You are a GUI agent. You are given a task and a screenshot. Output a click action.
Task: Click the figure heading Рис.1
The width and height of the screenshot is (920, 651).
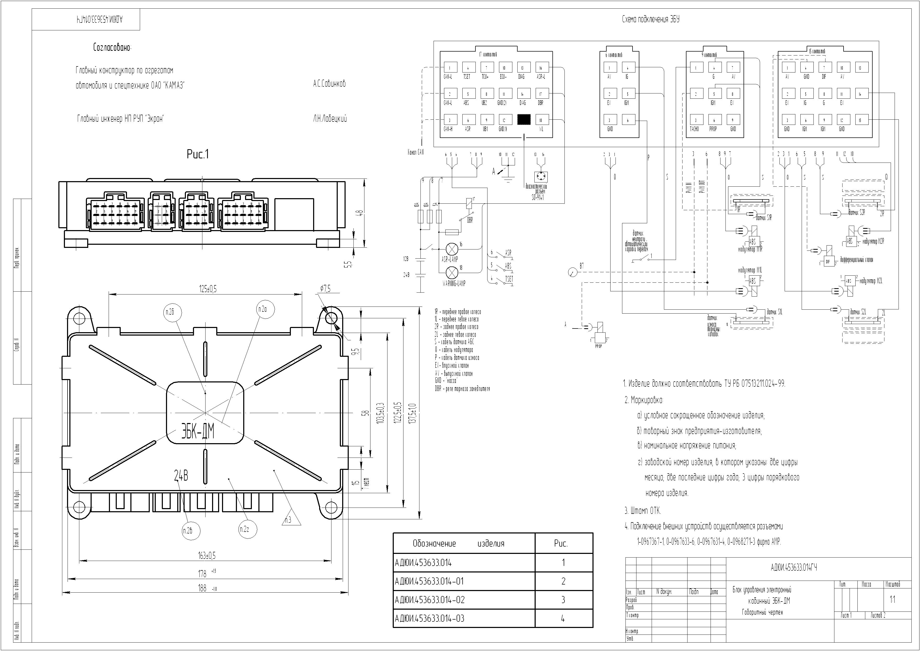pyautogui.click(x=198, y=154)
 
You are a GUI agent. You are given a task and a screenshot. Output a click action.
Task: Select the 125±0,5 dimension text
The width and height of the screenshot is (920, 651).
pyautogui.click(x=208, y=289)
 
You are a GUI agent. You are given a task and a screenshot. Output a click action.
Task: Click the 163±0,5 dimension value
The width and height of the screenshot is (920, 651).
pyautogui.click(x=207, y=556)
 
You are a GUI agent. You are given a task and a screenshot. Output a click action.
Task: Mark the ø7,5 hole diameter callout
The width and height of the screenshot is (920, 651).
pyautogui.click(x=325, y=289)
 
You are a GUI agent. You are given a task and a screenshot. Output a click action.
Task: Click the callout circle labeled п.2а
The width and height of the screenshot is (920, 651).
pyautogui.click(x=262, y=309)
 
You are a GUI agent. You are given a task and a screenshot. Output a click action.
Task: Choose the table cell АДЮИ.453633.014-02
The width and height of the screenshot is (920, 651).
pyautogui.click(x=430, y=600)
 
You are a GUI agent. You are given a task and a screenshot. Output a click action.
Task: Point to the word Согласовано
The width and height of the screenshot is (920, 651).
pyautogui.click(x=112, y=48)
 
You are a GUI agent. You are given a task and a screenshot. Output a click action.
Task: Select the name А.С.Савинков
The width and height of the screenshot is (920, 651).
pyautogui.click(x=329, y=84)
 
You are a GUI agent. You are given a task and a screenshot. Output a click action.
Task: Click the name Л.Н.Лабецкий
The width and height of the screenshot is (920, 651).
pyautogui.click(x=330, y=119)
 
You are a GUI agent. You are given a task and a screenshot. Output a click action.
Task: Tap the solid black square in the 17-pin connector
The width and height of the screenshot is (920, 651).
pyautogui.click(x=524, y=119)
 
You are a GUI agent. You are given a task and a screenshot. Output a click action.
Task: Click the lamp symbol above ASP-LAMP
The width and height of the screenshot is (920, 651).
pyautogui.click(x=452, y=249)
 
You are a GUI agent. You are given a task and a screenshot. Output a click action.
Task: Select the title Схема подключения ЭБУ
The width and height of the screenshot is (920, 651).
pyautogui.click(x=651, y=19)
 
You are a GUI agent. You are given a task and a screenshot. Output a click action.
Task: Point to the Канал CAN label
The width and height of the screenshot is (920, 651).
pyautogui.click(x=415, y=152)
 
